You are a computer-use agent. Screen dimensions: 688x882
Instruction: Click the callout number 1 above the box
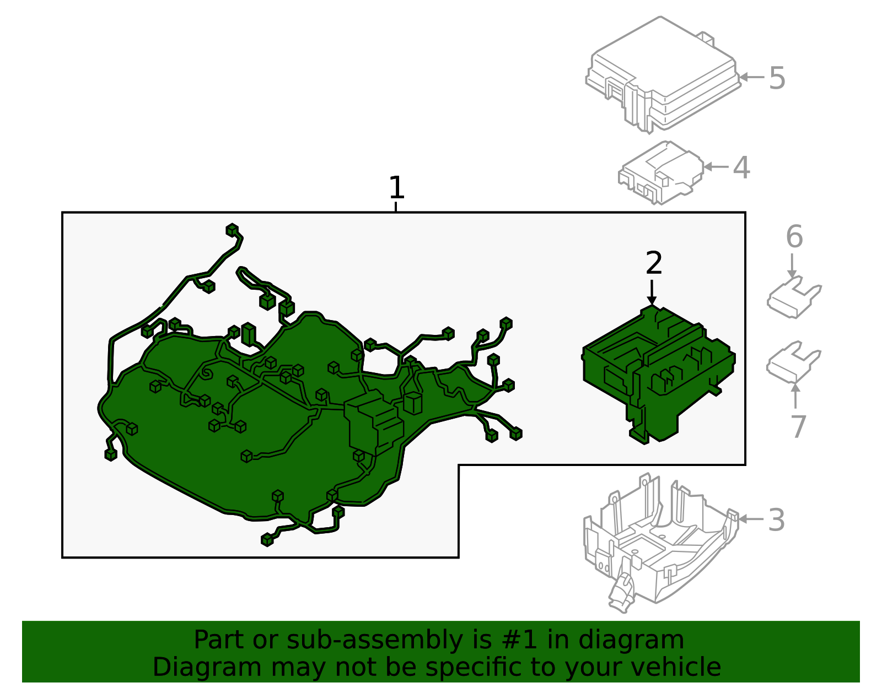pyautogui.click(x=396, y=188)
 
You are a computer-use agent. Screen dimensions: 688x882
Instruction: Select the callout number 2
pyautogui.click(x=653, y=263)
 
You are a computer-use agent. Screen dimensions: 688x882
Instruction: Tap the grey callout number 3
pyautogui.click(x=776, y=520)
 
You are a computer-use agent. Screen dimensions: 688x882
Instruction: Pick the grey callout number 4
pyautogui.click(x=741, y=167)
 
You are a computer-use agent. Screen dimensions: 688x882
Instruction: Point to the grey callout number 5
pyautogui.click(x=777, y=78)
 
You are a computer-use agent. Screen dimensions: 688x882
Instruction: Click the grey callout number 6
pyautogui.click(x=794, y=237)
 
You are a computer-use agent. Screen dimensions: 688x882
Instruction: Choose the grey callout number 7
pyautogui.click(x=798, y=426)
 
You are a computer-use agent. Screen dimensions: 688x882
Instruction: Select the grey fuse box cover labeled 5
pyautogui.click(x=661, y=74)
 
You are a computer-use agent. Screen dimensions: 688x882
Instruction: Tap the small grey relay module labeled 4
pyautogui.click(x=660, y=172)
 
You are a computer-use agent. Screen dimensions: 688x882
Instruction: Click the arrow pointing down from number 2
pyautogui.click(x=652, y=292)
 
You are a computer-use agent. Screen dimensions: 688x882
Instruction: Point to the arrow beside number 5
pyautogui.click(x=751, y=77)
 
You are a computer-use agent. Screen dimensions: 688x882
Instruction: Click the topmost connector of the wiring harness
pyautogui.click(x=232, y=230)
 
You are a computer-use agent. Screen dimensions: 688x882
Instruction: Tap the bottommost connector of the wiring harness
pyautogui.click(x=267, y=540)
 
